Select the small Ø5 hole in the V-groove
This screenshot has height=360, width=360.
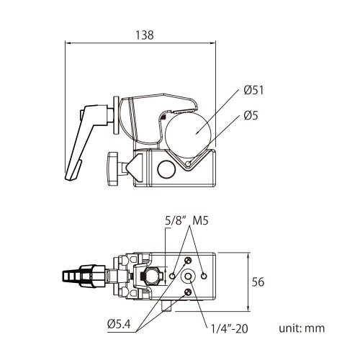(189, 163)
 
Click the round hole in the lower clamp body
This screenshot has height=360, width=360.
(166, 170)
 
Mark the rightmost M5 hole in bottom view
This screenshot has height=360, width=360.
(204, 276)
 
